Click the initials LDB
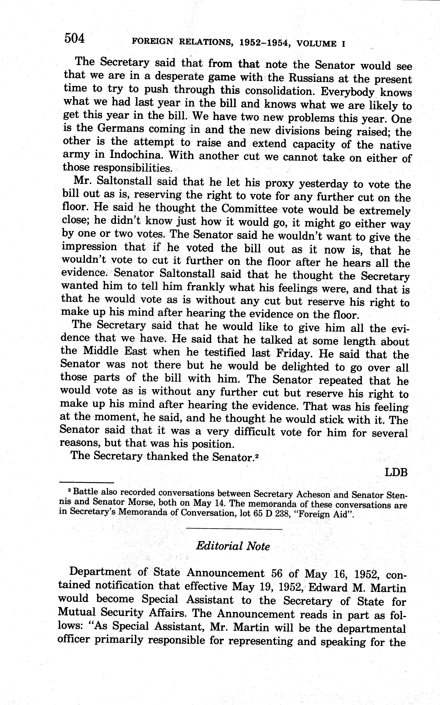pyautogui.click(x=396, y=472)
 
